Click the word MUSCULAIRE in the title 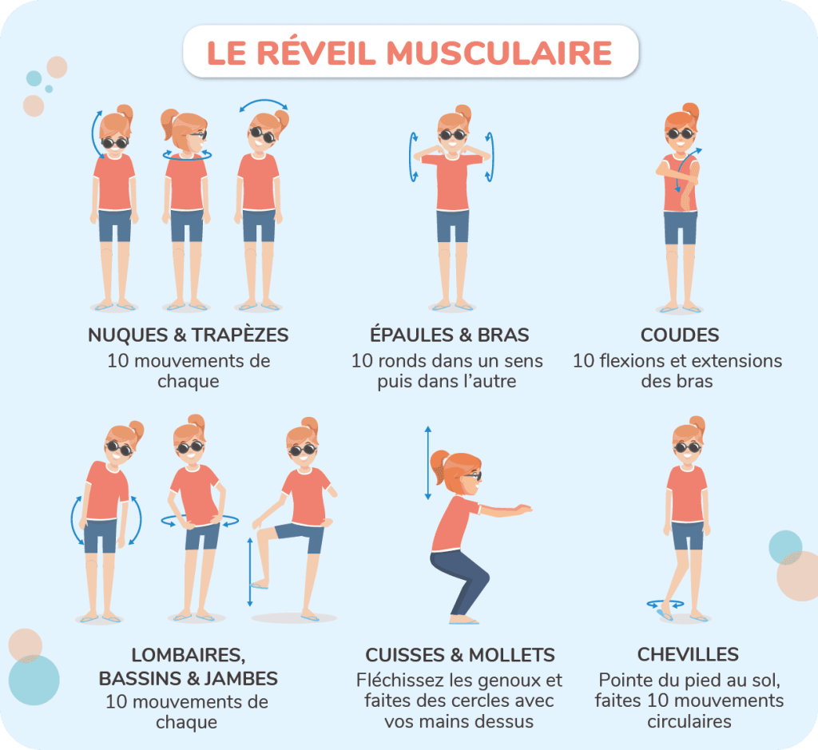[x=499, y=53]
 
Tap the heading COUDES [x=680, y=335]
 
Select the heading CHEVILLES [x=688, y=654]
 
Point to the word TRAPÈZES [x=240, y=335]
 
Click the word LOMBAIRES [x=188, y=655]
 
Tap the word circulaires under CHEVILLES [x=689, y=721]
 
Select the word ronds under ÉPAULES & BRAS [x=405, y=360]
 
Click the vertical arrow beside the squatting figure [x=428, y=463]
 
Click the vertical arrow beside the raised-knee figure [x=250, y=572]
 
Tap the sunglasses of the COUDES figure [x=681, y=134]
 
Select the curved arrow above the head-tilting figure [x=264, y=101]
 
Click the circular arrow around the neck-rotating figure [x=187, y=156]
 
